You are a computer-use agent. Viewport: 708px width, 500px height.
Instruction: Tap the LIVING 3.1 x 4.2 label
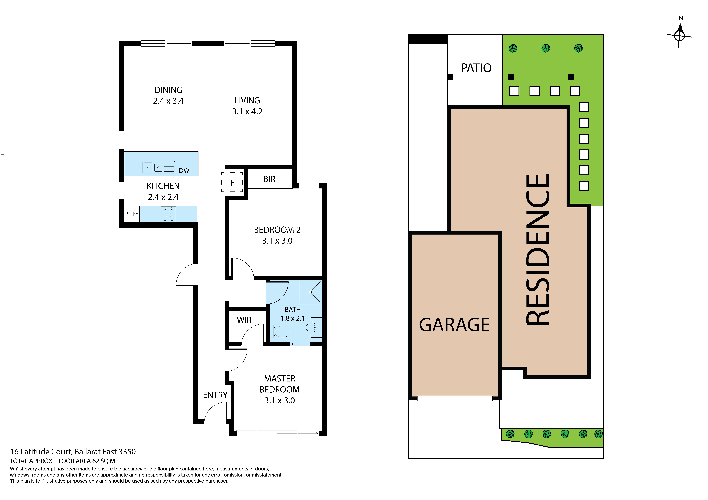pyautogui.click(x=247, y=106)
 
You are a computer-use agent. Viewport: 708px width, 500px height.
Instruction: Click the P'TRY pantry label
pyautogui.click(x=132, y=214)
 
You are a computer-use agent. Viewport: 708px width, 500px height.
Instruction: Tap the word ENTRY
pyautogui.click(x=215, y=395)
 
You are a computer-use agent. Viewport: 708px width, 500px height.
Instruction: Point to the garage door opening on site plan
pyautogui.click(x=455, y=398)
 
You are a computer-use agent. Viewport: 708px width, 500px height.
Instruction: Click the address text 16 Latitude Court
pyautogui.click(x=73, y=452)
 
